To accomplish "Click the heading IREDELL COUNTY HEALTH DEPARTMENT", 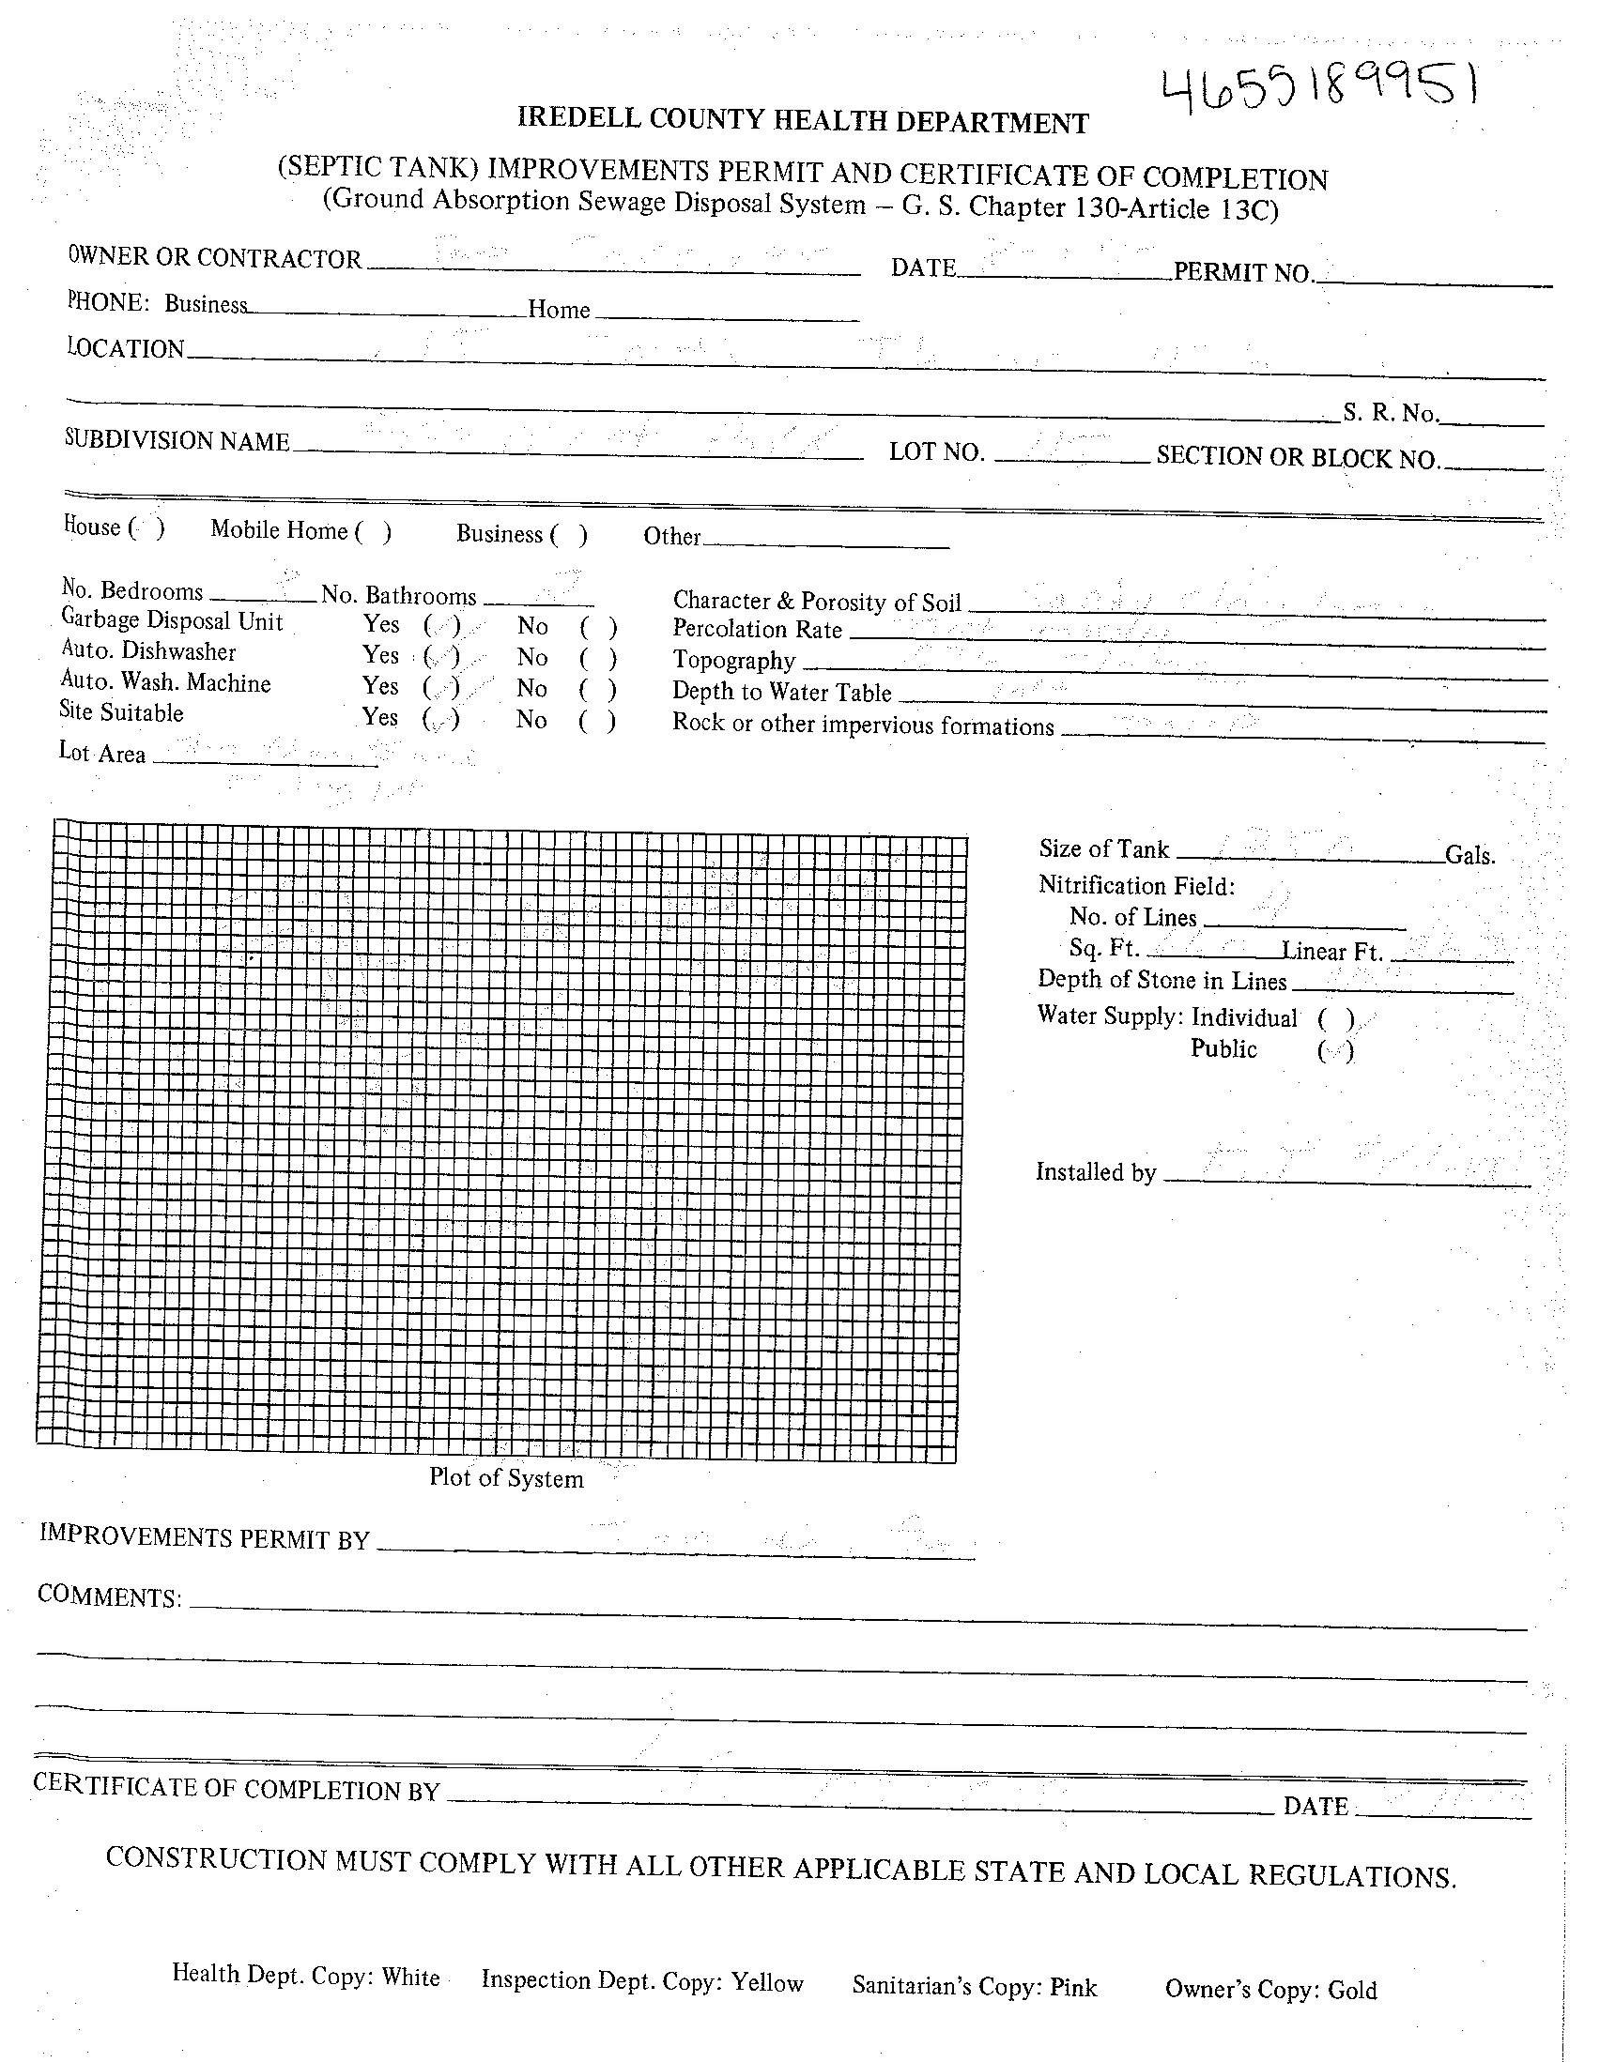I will (x=803, y=121).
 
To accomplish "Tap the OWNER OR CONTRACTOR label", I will (x=214, y=258).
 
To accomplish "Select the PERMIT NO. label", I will (x=1244, y=273).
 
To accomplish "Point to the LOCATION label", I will (x=126, y=348).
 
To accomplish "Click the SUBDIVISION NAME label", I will (x=177, y=441).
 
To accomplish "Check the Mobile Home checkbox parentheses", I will (x=373, y=532).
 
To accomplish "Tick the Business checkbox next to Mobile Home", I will (x=570, y=535).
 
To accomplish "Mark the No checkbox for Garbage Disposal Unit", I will (x=598, y=627).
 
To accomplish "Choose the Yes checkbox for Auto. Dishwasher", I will (x=441, y=656).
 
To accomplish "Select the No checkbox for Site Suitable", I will (x=597, y=722).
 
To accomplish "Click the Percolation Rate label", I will (x=757, y=629).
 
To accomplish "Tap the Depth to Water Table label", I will (x=781, y=692).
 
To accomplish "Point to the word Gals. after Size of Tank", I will (x=1469, y=856).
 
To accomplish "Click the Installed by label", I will (x=1096, y=1172).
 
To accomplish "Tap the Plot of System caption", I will (x=506, y=1478).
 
